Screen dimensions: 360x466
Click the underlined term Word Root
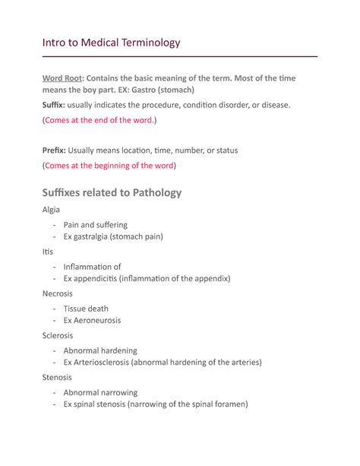62,80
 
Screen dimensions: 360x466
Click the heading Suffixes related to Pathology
112,192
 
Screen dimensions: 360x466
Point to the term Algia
52,209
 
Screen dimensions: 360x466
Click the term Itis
48,251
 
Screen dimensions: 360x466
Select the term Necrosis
58,293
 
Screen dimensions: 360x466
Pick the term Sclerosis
58,334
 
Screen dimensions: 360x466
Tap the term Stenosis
57,376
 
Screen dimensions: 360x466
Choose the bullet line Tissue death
86,309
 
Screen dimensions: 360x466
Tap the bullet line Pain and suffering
95,225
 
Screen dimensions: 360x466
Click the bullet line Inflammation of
92,267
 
